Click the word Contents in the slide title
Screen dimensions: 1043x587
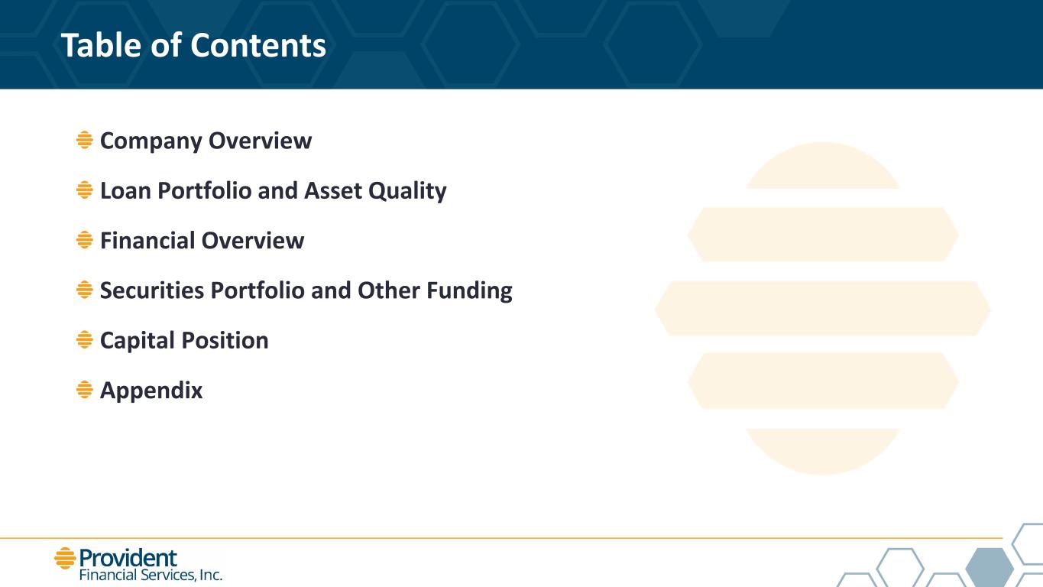pos(258,45)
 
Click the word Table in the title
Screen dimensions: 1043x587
pos(101,45)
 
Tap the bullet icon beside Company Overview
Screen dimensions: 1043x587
pos(84,140)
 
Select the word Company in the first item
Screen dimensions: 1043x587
pos(151,141)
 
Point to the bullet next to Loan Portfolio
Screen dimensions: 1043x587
pos(84,190)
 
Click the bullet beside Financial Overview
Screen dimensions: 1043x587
pos(84,240)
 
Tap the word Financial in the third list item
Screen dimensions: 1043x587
pos(147,241)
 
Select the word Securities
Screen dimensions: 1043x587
pos(152,290)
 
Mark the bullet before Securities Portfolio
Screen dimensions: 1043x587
pos(84,290)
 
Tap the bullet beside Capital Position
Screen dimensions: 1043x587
pos(84,339)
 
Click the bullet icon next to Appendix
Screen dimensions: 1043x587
pos(84,390)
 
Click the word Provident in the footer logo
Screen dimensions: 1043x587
pos(128,558)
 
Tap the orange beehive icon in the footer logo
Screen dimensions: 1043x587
pos(65,558)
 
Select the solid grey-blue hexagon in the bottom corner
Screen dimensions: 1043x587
pos(990,567)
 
